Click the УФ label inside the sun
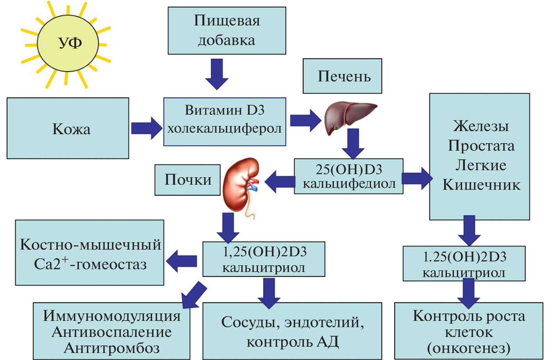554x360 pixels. (70, 42)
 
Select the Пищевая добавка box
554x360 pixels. (227, 31)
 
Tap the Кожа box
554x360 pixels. (68, 128)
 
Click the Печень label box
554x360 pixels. (342, 76)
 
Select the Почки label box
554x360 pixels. (188, 180)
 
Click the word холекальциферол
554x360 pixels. (224, 128)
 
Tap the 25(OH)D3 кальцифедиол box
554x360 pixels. (348, 176)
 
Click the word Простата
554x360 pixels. (481, 146)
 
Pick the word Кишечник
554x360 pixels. (481, 185)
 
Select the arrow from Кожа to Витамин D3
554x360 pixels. (146, 128)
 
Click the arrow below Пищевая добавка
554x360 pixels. (217, 74)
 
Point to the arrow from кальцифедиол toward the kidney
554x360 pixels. (280, 182)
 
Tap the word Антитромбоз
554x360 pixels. (112, 348)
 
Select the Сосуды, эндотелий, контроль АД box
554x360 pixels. (292, 331)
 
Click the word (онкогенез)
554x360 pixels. (469, 347)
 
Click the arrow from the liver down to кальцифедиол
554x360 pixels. (353, 143)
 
